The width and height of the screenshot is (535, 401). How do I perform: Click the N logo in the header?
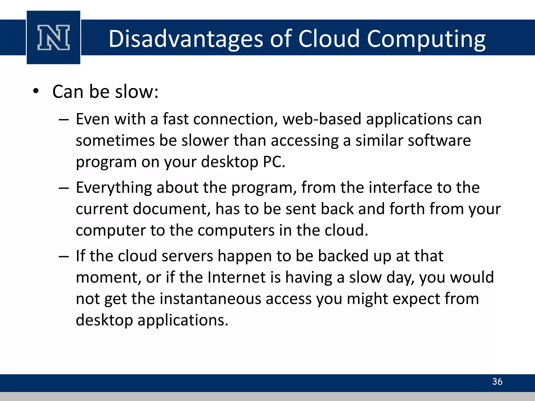click(x=54, y=37)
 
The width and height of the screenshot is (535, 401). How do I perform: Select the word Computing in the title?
click(x=426, y=39)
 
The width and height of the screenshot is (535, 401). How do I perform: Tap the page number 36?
click(x=497, y=381)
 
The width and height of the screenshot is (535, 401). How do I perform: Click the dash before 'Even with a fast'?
click(x=64, y=120)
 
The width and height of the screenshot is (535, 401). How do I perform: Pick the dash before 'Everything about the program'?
click(x=64, y=188)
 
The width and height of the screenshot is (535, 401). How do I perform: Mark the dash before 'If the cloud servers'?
click(x=64, y=257)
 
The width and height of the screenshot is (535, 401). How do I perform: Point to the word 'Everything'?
click(x=114, y=188)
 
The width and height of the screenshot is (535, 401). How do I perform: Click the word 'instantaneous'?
click(x=210, y=299)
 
